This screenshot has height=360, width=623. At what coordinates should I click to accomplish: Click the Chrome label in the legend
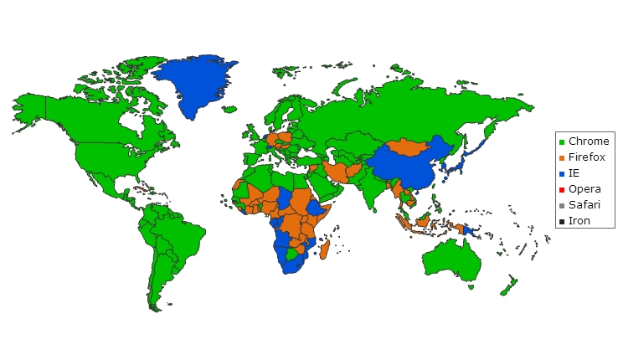pos(589,141)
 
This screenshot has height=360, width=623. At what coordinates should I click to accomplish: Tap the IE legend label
pos(574,172)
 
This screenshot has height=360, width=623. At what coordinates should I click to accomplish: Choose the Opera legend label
pos(584,188)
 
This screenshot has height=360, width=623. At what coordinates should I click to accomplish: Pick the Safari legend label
pos(584,204)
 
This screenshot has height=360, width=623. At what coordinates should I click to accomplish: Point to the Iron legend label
pos(579,220)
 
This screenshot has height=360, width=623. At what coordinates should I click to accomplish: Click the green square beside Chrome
pos(562,141)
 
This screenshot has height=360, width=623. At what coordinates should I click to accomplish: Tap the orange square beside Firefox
pos(562,157)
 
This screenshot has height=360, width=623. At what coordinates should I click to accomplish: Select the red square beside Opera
pos(562,189)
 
